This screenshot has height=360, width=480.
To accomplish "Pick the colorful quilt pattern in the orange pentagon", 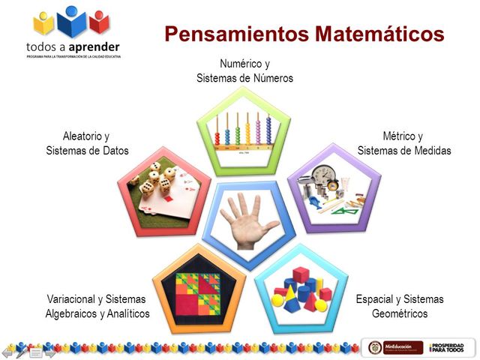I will click(x=193, y=289).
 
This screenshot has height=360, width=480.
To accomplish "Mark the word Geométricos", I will click(x=400, y=313).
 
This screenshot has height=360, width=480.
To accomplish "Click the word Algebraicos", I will click(x=75, y=313).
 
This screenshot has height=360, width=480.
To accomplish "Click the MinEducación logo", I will click(x=402, y=347).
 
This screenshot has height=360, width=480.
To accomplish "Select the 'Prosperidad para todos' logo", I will click(x=448, y=347).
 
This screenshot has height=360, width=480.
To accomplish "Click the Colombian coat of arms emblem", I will click(x=374, y=347).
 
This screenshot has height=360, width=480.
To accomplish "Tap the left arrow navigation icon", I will click(x=7, y=350).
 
